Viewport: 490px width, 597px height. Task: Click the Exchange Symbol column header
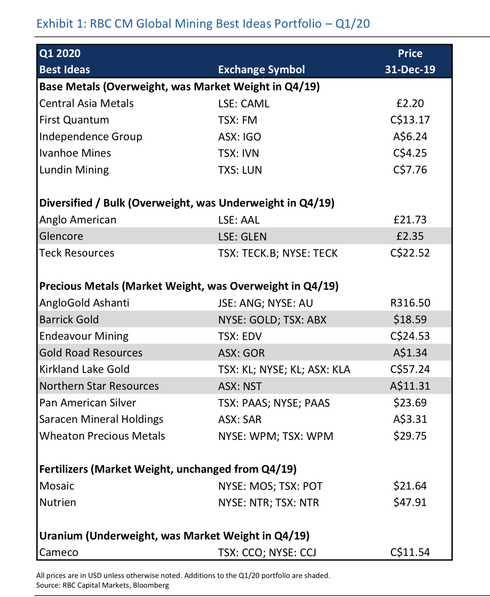tap(261, 70)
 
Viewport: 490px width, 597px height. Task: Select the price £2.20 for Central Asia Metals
tap(410, 103)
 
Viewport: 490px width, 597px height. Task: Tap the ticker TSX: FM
tap(237, 120)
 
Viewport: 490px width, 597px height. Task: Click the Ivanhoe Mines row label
tap(75, 153)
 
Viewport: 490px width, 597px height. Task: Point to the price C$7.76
tap(410, 170)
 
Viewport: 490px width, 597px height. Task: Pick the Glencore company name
tap(61, 236)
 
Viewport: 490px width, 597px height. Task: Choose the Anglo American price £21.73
tap(410, 220)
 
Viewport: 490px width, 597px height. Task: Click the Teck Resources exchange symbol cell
tap(278, 253)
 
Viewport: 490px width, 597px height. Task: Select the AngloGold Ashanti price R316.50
tap(410, 303)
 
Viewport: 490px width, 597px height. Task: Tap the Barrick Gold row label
tap(69, 320)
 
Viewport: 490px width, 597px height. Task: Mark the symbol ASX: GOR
tap(241, 353)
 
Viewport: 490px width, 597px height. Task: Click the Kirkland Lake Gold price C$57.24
tap(410, 369)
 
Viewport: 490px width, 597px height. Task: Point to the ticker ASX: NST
tap(240, 386)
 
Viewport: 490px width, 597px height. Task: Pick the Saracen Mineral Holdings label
tap(101, 419)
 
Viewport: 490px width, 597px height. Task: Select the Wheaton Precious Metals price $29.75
tap(410, 436)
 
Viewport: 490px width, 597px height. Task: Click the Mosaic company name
tap(57, 486)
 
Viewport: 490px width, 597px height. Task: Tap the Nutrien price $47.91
tap(410, 502)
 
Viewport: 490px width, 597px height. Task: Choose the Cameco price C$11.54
tap(410, 552)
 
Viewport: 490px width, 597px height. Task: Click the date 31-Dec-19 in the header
tap(410, 70)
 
